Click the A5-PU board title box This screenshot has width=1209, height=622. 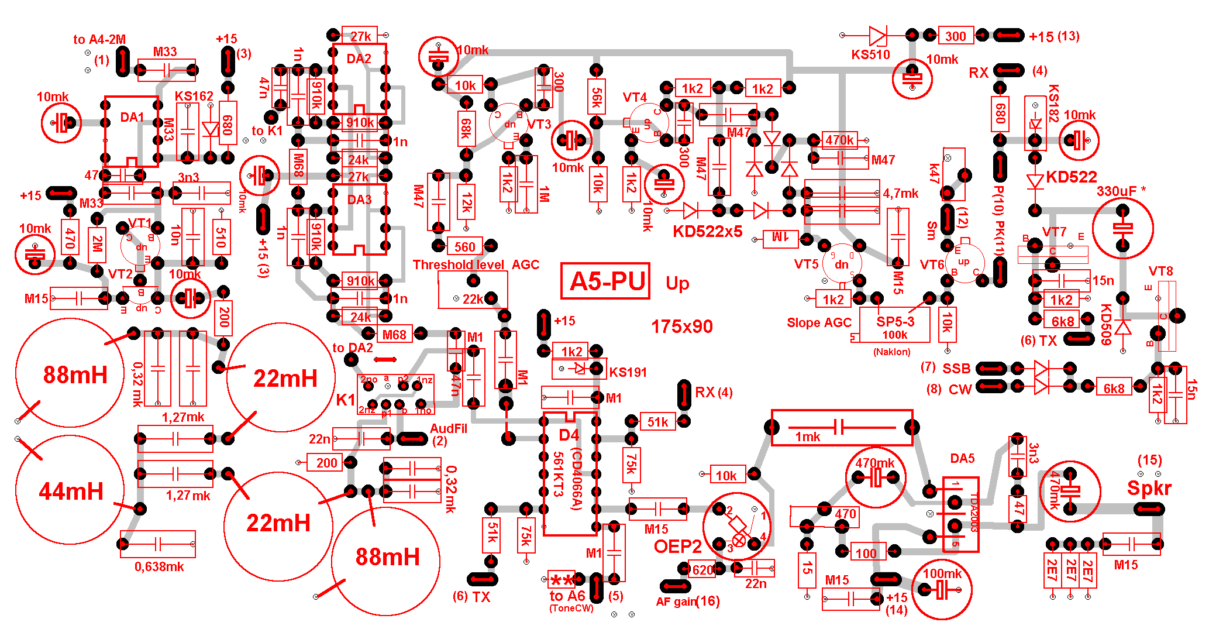tap(605, 281)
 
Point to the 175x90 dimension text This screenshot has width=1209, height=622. tap(682, 327)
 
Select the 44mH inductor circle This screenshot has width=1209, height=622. tap(70, 490)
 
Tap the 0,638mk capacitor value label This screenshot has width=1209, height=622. tap(159, 566)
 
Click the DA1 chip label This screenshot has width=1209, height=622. tap(132, 117)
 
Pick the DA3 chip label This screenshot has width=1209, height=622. tap(359, 200)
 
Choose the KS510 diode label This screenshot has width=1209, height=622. tap(870, 55)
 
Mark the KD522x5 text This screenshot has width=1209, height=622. tap(707, 232)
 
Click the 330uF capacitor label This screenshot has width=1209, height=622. tap(1121, 191)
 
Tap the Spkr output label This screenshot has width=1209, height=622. tap(1149, 488)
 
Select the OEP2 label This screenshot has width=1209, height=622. tap(677, 547)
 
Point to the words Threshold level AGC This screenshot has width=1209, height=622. tap(476, 264)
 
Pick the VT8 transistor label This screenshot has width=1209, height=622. tap(1160, 272)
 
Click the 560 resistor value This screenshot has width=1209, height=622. tap(465, 247)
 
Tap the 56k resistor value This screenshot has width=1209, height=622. tap(597, 98)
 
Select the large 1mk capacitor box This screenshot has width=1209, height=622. tap(842, 428)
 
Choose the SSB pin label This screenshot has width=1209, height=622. tap(956, 369)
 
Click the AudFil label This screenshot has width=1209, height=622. tap(449, 428)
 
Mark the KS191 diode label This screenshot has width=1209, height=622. tap(628, 372)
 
